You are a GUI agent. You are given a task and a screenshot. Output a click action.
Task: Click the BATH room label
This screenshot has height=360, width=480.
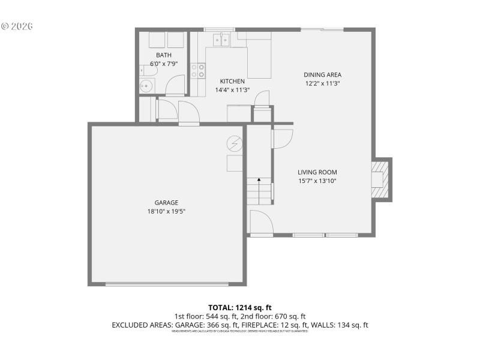pyautogui.click(x=164, y=55)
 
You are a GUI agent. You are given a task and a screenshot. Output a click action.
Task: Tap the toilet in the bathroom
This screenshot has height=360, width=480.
pyautogui.click(x=150, y=71)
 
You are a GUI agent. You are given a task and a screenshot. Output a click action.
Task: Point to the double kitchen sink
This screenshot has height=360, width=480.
pyautogui.click(x=220, y=40)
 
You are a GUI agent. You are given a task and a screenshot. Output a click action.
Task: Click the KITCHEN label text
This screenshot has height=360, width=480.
pyautogui.click(x=232, y=82)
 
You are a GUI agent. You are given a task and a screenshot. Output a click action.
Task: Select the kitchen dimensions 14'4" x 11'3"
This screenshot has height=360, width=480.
pyautogui.click(x=232, y=90)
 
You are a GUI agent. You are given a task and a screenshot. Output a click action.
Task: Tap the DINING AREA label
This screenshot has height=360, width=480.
pyautogui.click(x=322, y=75)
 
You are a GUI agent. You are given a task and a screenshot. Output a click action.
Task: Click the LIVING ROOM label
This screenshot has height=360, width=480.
pyautogui.click(x=316, y=173)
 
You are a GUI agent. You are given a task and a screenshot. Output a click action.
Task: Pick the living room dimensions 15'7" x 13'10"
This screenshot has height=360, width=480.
pyautogui.click(x=316, y=181)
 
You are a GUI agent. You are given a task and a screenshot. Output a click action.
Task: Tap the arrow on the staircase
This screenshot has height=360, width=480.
pyautogui.click(x=259, y=181)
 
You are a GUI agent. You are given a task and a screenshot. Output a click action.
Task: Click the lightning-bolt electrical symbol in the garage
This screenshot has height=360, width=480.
pyautogui.click(x=234, y=144)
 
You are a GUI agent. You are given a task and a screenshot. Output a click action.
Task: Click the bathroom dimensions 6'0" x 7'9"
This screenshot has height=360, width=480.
pyautogui.click(x=164, y=63)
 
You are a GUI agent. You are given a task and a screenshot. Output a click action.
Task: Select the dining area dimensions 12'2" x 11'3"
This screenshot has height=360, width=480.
pyautogui.click(x=322, y=83)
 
